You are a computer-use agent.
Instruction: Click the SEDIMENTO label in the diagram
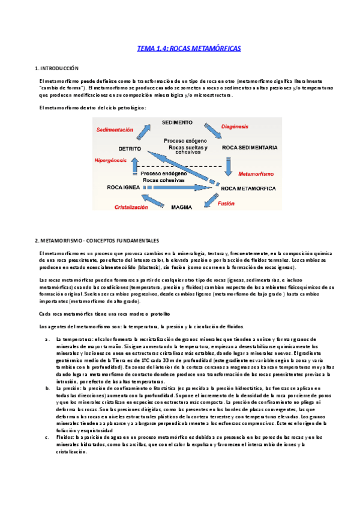click(x=177, y=122)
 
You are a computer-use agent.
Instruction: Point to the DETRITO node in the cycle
click(x=130, y=148)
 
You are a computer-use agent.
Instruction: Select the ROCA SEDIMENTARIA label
click(x=249, y=147)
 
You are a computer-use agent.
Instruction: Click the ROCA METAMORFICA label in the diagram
click(x=248, y=188)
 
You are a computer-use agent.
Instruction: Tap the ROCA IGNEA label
click(x=124, y=187)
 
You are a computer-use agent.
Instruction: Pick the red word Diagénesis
click(x=239, y=127)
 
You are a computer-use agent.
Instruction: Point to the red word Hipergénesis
click(x=112, y=161)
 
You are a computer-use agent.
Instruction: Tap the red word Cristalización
click(x=131, y=206)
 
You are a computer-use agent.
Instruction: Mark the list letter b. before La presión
click(x=47, y=372)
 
